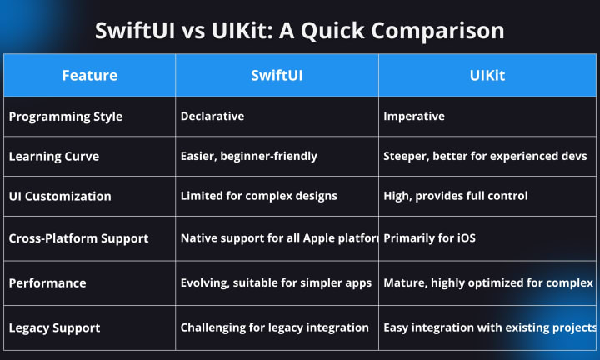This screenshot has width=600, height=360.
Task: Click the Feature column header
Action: point(89,75)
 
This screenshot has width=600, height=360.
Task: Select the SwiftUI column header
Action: point(277,75)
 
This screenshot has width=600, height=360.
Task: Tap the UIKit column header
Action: point(487,75)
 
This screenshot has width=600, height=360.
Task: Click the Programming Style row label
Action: point(66,117)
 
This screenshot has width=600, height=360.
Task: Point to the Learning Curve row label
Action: point(54,157)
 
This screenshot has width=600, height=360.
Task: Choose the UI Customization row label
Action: point(60,197)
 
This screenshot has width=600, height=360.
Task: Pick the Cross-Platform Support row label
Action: point(78,238)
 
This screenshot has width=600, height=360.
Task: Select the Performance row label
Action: point(47,283)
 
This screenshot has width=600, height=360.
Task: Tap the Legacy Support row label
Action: point(54,327)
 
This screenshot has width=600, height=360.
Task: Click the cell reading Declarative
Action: point(212,117)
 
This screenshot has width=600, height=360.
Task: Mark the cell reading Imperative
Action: point(414,117)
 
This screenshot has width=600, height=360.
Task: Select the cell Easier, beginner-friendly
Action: point(248,156)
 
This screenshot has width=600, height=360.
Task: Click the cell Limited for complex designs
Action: point(258,196)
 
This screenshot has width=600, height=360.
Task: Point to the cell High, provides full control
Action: point(456,196)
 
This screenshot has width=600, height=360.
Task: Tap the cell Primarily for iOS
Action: point(429,238)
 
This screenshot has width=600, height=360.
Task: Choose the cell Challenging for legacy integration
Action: point(274,327)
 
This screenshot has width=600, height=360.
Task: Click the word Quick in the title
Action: point(332,31)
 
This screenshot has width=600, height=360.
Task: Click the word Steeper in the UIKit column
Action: point(407,156)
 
